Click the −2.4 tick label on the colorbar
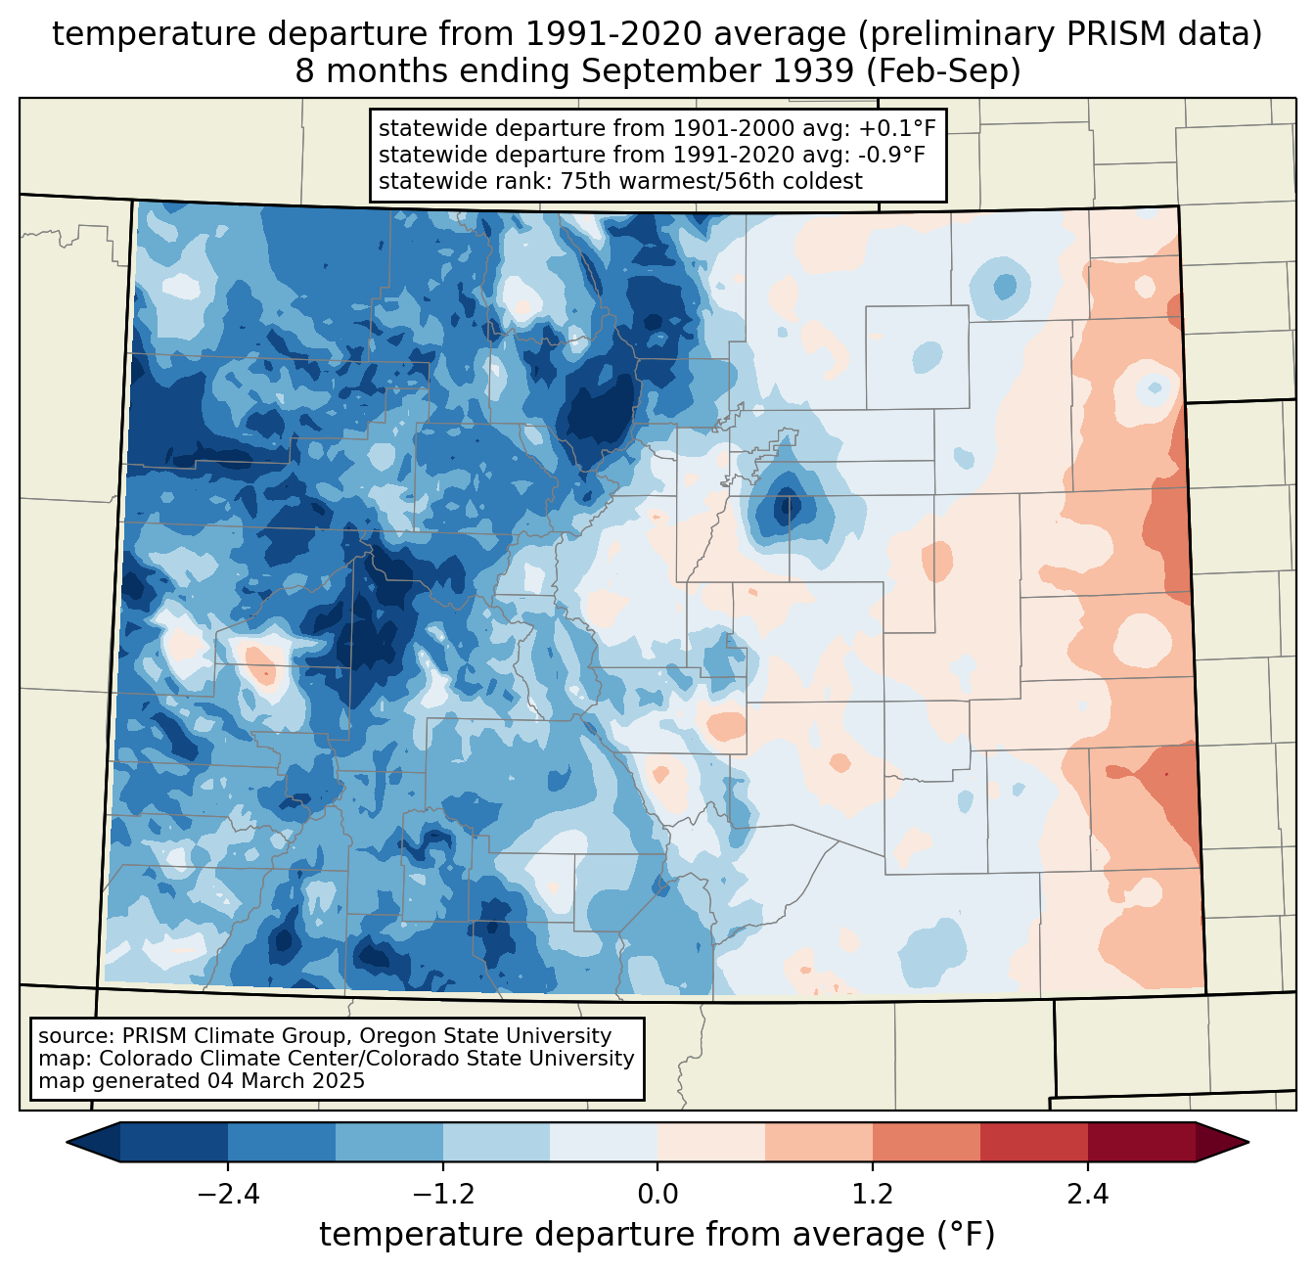[228, 1195]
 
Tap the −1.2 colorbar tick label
[442, 1195]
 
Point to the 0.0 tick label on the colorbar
[657, 1195]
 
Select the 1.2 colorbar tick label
[873, 1195]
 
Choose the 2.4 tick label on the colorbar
[1087, 1195]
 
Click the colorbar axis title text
[657, 1235]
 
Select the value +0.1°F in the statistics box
[897, 129]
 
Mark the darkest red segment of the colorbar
[1141, 1142]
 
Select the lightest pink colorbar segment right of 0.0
[711, 1142]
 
